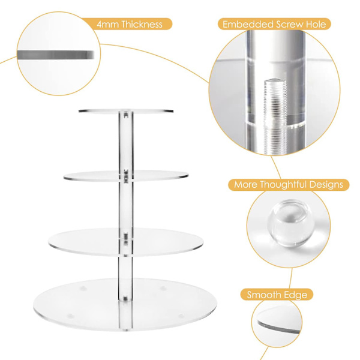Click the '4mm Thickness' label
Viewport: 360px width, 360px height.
pos(130,24)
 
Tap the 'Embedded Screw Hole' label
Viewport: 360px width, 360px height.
pos(274,24)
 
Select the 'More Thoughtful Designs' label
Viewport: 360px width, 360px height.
pos(289,185)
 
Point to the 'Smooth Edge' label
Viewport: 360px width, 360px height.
pos(277,295)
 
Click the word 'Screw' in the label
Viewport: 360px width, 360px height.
pos(289,24)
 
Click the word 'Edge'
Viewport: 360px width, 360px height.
pos(296,295)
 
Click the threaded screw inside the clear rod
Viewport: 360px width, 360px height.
pos(276,116)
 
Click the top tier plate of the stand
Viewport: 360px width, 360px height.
pos(126,111)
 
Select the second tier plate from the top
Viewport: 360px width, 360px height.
pos(126,176)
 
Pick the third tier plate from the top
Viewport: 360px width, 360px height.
pos(126,242)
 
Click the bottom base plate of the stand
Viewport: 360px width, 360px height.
pos(125,304)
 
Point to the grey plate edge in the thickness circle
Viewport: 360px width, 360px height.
pos(56,55)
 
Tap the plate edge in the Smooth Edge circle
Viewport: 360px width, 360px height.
pos(279,326)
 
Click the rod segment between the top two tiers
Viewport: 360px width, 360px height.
pos(126,142)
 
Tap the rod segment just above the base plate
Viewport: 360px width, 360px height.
pos(125,278)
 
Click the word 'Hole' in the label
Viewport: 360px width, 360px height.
pos(316,24)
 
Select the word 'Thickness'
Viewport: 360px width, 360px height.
pos(142,24)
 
